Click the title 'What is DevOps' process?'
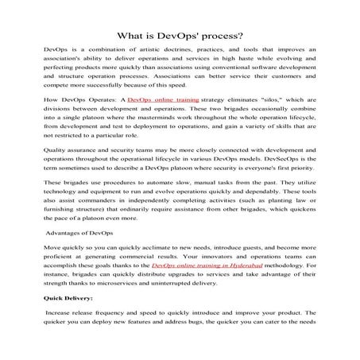tap(180, 35)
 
